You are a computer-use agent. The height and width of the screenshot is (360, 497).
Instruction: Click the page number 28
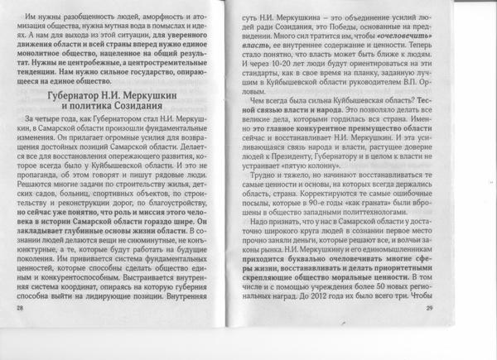point(19,330)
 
